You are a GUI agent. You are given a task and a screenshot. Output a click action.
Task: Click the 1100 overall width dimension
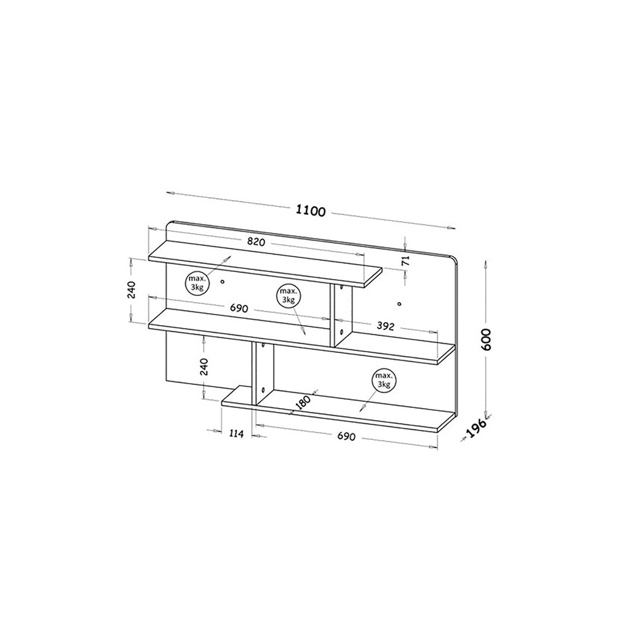[311, 211]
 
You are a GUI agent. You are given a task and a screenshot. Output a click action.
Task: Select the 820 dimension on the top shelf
[256, 242]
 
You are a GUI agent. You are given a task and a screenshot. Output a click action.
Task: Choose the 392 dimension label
[386, 326]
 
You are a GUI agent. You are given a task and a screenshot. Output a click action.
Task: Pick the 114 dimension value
[236, 434]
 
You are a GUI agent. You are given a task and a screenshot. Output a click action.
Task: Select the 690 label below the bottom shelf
[347, 436]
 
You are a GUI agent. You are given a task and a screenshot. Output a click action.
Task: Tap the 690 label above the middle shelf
[239, 308]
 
